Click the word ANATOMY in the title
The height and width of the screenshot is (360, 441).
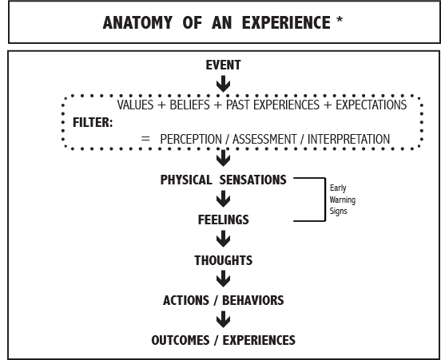137,23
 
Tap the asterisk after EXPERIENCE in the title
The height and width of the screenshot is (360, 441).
340,20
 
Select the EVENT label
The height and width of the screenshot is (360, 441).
224,65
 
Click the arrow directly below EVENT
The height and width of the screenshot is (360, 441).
224,84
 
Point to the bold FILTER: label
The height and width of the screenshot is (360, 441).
93,123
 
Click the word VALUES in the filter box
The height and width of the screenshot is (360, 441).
135,105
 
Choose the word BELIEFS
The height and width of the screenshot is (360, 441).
190,105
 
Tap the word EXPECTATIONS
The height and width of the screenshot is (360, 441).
371,105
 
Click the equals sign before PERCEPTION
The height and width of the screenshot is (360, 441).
145,138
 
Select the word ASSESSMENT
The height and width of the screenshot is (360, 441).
264,139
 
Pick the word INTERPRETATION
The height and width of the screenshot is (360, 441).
349,139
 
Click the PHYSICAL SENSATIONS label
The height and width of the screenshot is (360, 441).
224,180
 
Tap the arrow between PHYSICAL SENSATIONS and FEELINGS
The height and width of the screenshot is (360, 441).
224,199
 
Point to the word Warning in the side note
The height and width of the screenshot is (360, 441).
342,200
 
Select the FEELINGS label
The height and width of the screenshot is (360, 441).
224,220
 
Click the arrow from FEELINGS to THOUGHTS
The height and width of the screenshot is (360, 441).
224,239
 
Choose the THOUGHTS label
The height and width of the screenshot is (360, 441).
224,260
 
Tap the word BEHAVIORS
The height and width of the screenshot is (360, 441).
253,300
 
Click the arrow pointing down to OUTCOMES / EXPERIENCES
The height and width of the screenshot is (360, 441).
224,319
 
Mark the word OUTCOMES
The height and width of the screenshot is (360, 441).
181,340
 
